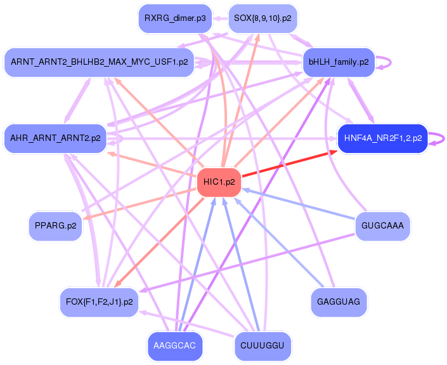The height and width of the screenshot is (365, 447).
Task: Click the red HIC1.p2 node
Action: [x=219, y=182]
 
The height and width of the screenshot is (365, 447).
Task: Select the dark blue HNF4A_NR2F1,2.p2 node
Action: [x=382, y=138]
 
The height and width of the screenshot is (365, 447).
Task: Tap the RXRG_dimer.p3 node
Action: [x=175, y=18]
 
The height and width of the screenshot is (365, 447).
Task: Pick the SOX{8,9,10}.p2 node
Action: [x=262, y=18]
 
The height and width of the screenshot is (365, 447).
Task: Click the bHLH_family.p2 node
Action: [x=339, y=62]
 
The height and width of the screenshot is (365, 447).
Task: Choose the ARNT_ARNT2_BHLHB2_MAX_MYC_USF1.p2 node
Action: [x=98, y=62]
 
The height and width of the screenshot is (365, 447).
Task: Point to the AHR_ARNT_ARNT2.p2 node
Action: [x=55, y=138]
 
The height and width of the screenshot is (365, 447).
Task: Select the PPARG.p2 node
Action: [x=56, y=225]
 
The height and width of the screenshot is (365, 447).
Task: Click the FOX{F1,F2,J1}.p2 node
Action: [x=98, y=302]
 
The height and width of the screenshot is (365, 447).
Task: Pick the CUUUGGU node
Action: [x=262, y=346]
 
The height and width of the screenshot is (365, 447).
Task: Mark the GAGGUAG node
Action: [x=339, y=302]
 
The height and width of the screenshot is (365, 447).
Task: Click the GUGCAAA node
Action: [x=382, y=225]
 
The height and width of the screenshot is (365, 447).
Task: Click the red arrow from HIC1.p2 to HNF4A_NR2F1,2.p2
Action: [x=289, y=166]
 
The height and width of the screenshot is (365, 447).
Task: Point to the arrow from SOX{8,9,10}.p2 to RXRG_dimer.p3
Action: [x=219, y=18]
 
